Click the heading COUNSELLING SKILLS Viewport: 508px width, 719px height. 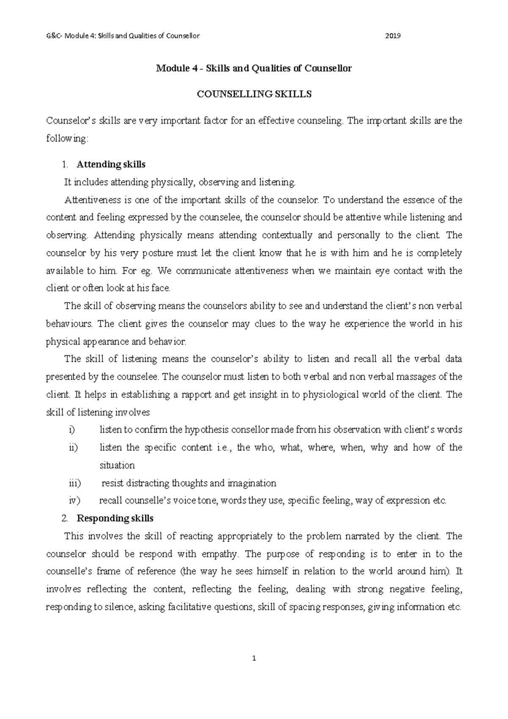(x=254, y=94)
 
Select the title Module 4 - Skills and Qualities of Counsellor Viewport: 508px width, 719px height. (x=254, y=68)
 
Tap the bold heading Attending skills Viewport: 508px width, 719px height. (x=111, y=164)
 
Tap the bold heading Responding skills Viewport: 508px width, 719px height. (x=115, y=519)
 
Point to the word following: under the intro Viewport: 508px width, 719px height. (x=67, y=139)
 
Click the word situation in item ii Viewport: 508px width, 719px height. (x=117, y=466)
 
